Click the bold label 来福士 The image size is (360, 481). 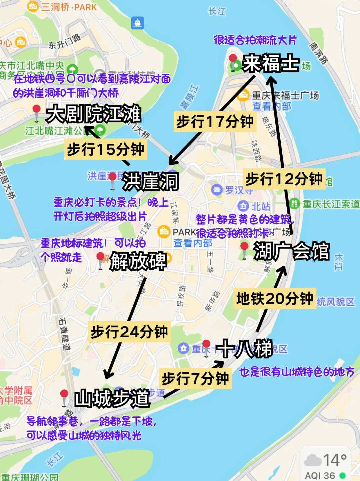tap(271, 63)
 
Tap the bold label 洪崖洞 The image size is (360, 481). tap(150, 182)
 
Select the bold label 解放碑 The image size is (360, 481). tap(138, 261)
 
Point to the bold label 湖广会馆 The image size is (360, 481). tap(291, 251)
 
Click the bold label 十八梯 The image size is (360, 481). tap(244, 349)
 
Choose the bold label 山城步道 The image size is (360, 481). tap(112, 398)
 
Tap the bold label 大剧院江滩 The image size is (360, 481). tap(93, 114)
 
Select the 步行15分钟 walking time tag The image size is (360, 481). tap(106, 149)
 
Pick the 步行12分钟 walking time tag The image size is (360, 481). tap(284, 179)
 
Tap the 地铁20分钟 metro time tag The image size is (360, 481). tap(275, 299)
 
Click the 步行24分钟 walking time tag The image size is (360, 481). tap(129, 332)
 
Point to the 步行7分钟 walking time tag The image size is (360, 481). tap(195, 379)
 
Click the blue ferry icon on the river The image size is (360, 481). tap(138, 23)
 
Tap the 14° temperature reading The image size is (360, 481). tap(335, 460)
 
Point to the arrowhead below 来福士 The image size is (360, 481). tap(271, 80)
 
